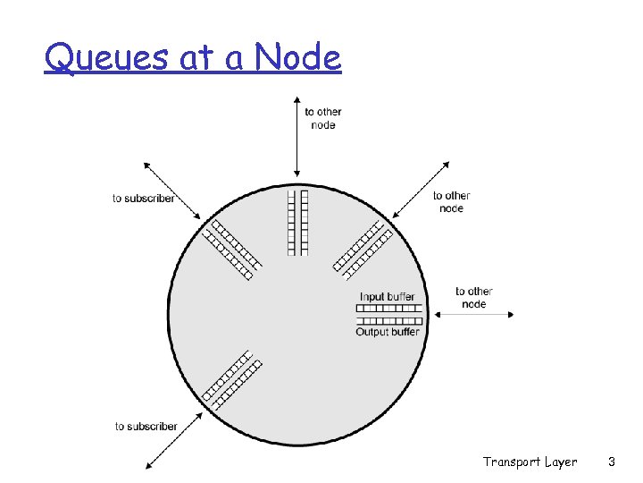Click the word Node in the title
point(297,58)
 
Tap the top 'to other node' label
point(323,118)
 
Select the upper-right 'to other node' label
point(451,201)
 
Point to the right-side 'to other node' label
point(473,297)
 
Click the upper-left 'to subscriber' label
point(144,198)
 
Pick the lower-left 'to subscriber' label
point(146,426)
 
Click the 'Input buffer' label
point(388,297)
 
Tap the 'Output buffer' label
point(388,332)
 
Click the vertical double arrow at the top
point(297,139)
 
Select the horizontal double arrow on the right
point(473,314)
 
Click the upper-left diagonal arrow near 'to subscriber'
point(173,191)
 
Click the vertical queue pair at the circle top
point(297,221)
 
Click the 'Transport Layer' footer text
point(530,462)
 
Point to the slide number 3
point(611,462)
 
